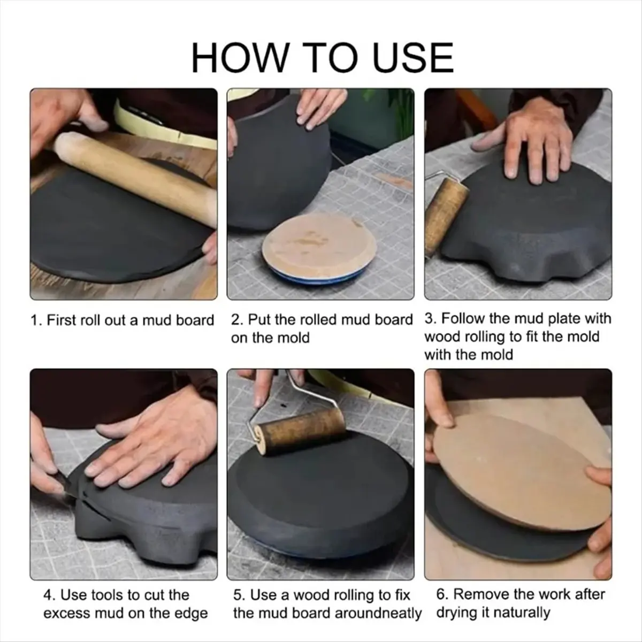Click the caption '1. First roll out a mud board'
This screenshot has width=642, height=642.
coord(123,320)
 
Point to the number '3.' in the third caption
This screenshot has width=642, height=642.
coord(431,318)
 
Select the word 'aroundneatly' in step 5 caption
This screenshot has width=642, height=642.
coord(378,613)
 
